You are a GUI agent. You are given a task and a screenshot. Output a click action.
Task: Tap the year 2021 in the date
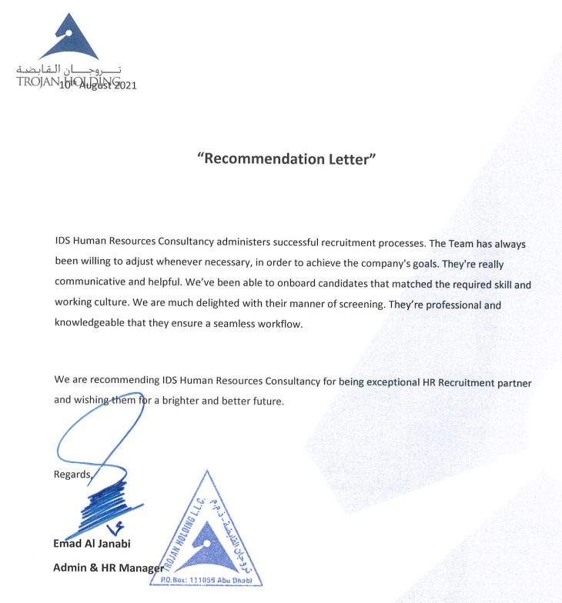[124, 85]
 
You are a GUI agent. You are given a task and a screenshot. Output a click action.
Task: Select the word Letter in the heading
[350, 159]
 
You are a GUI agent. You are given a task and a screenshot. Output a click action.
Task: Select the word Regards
[72, 475]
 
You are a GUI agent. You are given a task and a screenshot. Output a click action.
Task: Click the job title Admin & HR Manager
[108, 568]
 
